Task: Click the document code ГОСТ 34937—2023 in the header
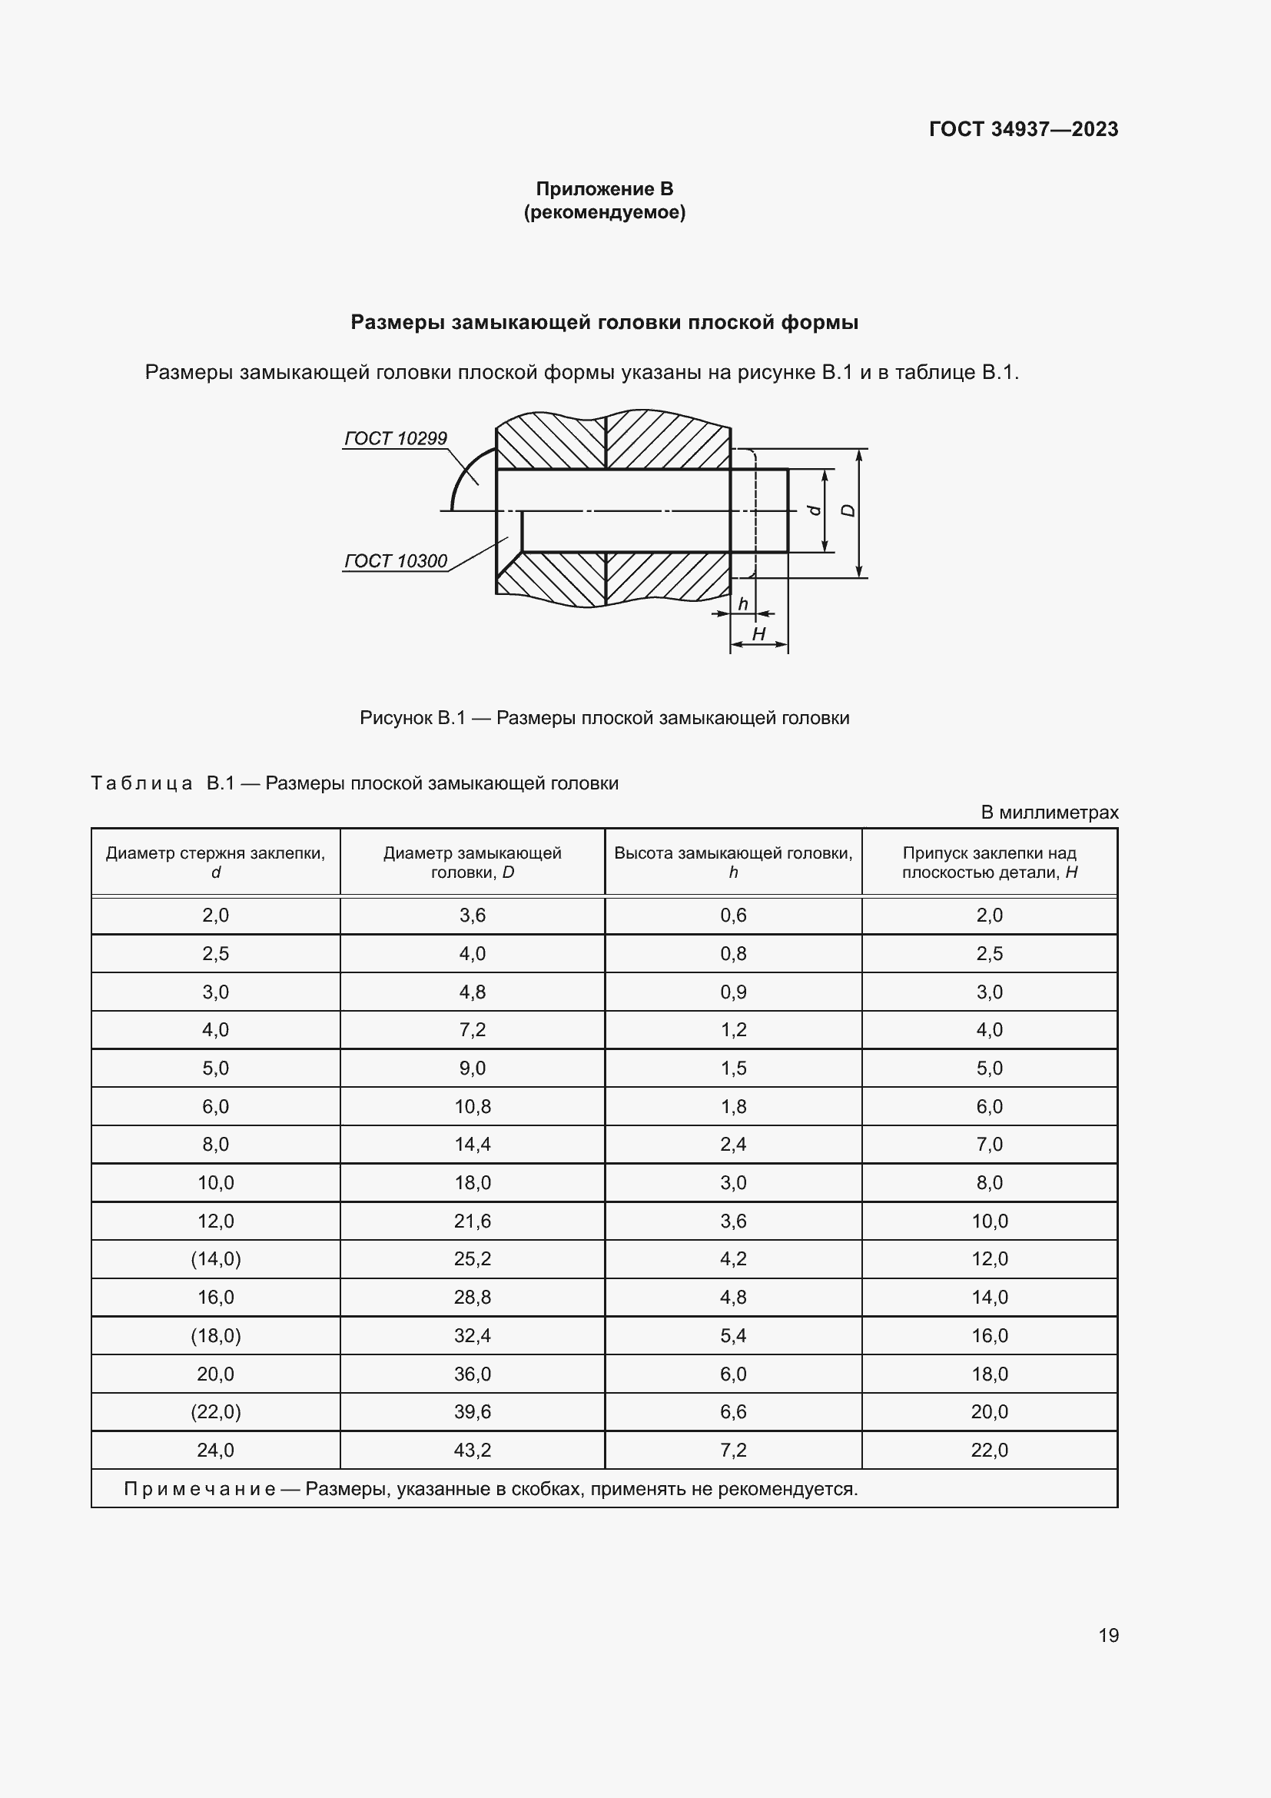click(1023, 129)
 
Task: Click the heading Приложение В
click(604, 189)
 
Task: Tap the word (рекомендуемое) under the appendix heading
click(604, 212)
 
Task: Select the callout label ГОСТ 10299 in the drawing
click(395, 437)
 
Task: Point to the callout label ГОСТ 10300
click(395, 560)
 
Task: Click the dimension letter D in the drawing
click(848, 510)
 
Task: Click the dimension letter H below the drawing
click(758, 633)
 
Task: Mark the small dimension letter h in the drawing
click(743, 603)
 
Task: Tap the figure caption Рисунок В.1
click(604, 717)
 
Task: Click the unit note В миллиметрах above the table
click(1049, 812)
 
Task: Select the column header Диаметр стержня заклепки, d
click(215, 862)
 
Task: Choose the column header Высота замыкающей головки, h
click(732, 862)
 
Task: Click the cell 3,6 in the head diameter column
click(472, 915)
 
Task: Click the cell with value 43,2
click(472, 1450)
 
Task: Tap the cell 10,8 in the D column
click(472, 1105)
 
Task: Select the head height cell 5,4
click(732, 1335)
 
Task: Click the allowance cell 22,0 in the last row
click(988, 1450)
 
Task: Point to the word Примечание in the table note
click(200, 1489)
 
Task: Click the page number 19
click(1108, 1635)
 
